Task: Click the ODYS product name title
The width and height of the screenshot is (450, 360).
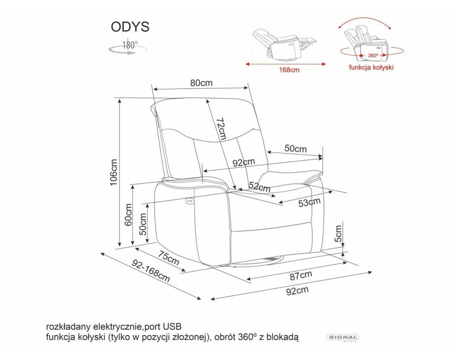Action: (x=130, y=26)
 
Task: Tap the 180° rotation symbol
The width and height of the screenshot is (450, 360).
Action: (x=128, y=48)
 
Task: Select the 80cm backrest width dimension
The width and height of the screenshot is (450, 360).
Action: (x=202, y=83)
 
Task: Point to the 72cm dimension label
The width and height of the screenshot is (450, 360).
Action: (x=221, y=128)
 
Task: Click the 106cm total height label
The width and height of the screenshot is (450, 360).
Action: (x=114, y=172)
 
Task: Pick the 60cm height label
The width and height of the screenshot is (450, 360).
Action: (x=128, y=214)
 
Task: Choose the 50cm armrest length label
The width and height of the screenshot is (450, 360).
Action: (x=295, y=148)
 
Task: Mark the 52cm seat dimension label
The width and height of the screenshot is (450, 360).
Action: (x=259, y=187)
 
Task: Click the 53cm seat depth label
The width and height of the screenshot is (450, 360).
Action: (x=309, y=202)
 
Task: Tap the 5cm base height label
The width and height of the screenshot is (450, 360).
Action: (x=339, y=233)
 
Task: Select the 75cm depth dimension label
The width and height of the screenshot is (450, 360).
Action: (x=168, y=258)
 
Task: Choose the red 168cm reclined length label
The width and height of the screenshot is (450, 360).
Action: (x=289, y=70)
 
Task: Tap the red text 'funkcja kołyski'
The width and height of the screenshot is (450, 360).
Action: (x=371, y=67)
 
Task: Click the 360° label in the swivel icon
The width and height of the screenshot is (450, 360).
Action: (x=373, y=56)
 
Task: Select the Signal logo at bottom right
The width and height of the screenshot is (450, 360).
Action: (x=343, y=338)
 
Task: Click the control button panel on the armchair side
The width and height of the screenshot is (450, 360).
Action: (x=189, y=201)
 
